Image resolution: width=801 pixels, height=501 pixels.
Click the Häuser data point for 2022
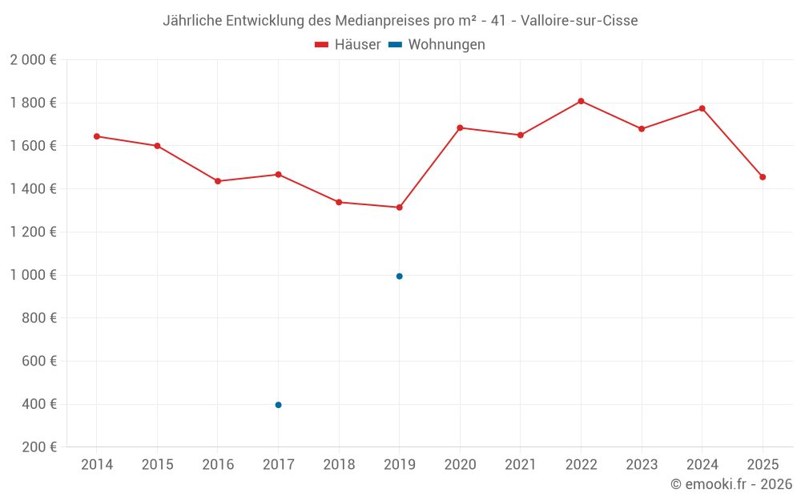tap(581, 101)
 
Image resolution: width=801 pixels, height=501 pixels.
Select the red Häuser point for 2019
tap(399, 208)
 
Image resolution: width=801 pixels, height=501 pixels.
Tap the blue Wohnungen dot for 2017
tap(278, 405)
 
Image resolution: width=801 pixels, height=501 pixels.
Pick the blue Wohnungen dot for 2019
tap(399, 277)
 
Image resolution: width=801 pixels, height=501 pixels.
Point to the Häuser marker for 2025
tap(763, 177)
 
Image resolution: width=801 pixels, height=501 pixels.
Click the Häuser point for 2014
tap(97, 136)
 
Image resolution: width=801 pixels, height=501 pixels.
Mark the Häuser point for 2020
tap(460, 127)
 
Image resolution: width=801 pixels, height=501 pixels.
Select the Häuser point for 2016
tap(218, 181)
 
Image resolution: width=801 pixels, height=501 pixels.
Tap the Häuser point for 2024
tap(702, 108)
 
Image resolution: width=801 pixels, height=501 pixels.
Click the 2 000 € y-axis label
tap(33, 60)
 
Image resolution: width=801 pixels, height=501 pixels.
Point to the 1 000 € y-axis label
tap(33, 275)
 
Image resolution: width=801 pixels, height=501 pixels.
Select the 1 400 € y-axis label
tap(33, 189)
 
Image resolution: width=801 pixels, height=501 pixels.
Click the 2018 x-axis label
tap(339, 465)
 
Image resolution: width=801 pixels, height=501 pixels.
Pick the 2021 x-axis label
tap(520, 465)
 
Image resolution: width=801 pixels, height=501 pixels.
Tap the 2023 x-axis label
tap(641, 465)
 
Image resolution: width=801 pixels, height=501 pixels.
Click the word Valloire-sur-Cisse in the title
tap(579, 21)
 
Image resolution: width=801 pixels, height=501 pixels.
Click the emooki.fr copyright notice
tap(731, 484)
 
